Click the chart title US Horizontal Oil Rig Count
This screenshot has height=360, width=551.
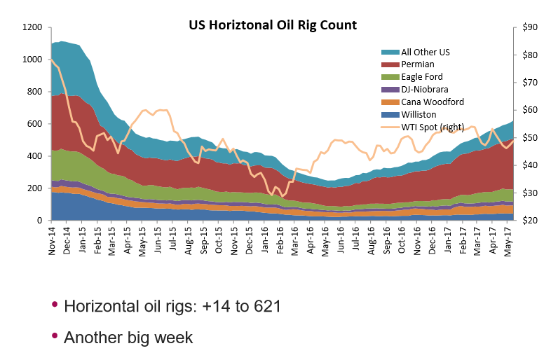[273, 25]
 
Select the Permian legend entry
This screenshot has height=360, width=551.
[418, 64]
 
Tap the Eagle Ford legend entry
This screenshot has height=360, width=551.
[421, 76]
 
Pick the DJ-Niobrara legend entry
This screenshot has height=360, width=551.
[425, 89]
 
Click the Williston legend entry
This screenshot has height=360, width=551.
[419, 114]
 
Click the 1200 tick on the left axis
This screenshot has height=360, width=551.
[33, 27]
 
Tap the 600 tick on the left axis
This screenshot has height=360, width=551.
[36, 124]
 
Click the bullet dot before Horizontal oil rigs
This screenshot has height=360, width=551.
[55, 306]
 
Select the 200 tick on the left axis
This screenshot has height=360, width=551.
[36, 188]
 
